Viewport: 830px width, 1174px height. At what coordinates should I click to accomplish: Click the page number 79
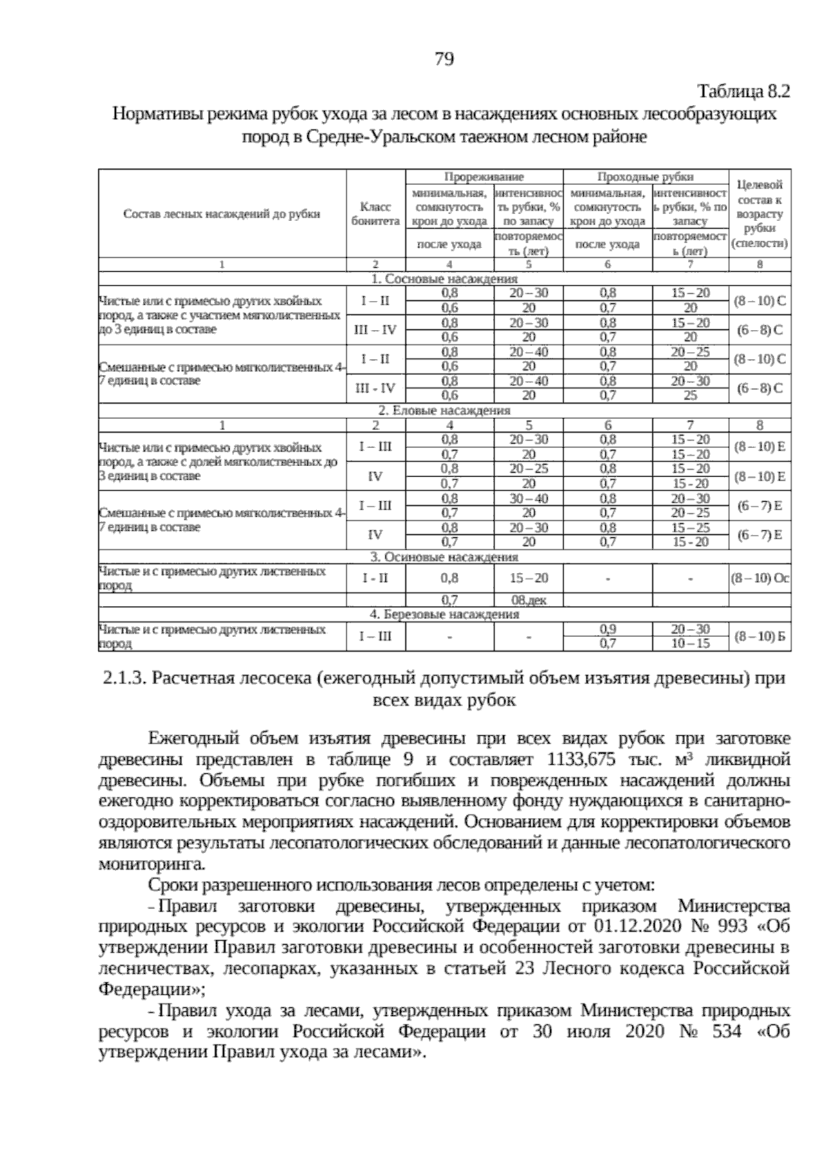tap(444, 60)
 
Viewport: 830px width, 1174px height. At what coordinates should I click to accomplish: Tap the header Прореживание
tap(483, 177)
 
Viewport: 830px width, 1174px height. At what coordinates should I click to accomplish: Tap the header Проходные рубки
tap(645, 177)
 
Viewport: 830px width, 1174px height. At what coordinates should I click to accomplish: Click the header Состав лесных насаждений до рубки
tap(221, 214)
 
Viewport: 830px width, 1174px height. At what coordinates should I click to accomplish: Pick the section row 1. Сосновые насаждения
tap(444, 279)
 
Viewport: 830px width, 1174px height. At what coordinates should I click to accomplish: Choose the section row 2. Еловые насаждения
tap(444, 410)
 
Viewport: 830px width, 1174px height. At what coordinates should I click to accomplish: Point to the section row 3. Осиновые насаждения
tap(444, 557)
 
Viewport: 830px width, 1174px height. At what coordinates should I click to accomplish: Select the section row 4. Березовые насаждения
tap(444, 614)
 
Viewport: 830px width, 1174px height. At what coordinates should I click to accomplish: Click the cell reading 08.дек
tap(528, 600)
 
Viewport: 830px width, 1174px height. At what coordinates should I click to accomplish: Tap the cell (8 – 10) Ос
tap(759, 578)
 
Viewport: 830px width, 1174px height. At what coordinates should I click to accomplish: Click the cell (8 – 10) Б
tap(759, 636)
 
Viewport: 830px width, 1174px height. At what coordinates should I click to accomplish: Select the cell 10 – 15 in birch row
tap(690, 644)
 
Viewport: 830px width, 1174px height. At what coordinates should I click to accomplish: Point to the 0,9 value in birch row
tap(607, 629)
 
